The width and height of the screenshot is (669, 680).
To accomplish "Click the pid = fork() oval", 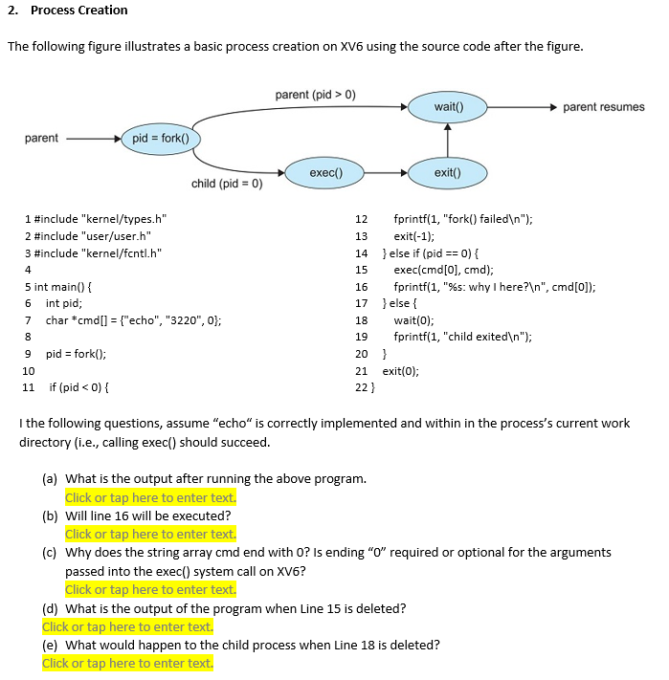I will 160,139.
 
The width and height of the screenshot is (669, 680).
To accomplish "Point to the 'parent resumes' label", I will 603,107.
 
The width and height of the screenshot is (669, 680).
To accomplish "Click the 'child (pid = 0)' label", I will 227,184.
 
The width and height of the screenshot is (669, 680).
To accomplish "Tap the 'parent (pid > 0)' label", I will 315,95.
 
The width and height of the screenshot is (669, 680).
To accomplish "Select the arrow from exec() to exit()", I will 385,173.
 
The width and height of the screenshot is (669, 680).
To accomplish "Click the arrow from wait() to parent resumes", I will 523,106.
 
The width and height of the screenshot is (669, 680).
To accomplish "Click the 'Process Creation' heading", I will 78,11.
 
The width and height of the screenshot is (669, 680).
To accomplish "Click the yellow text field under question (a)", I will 150,497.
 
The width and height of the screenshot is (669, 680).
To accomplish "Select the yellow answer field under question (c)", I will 150,590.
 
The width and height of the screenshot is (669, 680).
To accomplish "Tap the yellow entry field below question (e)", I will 127,664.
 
